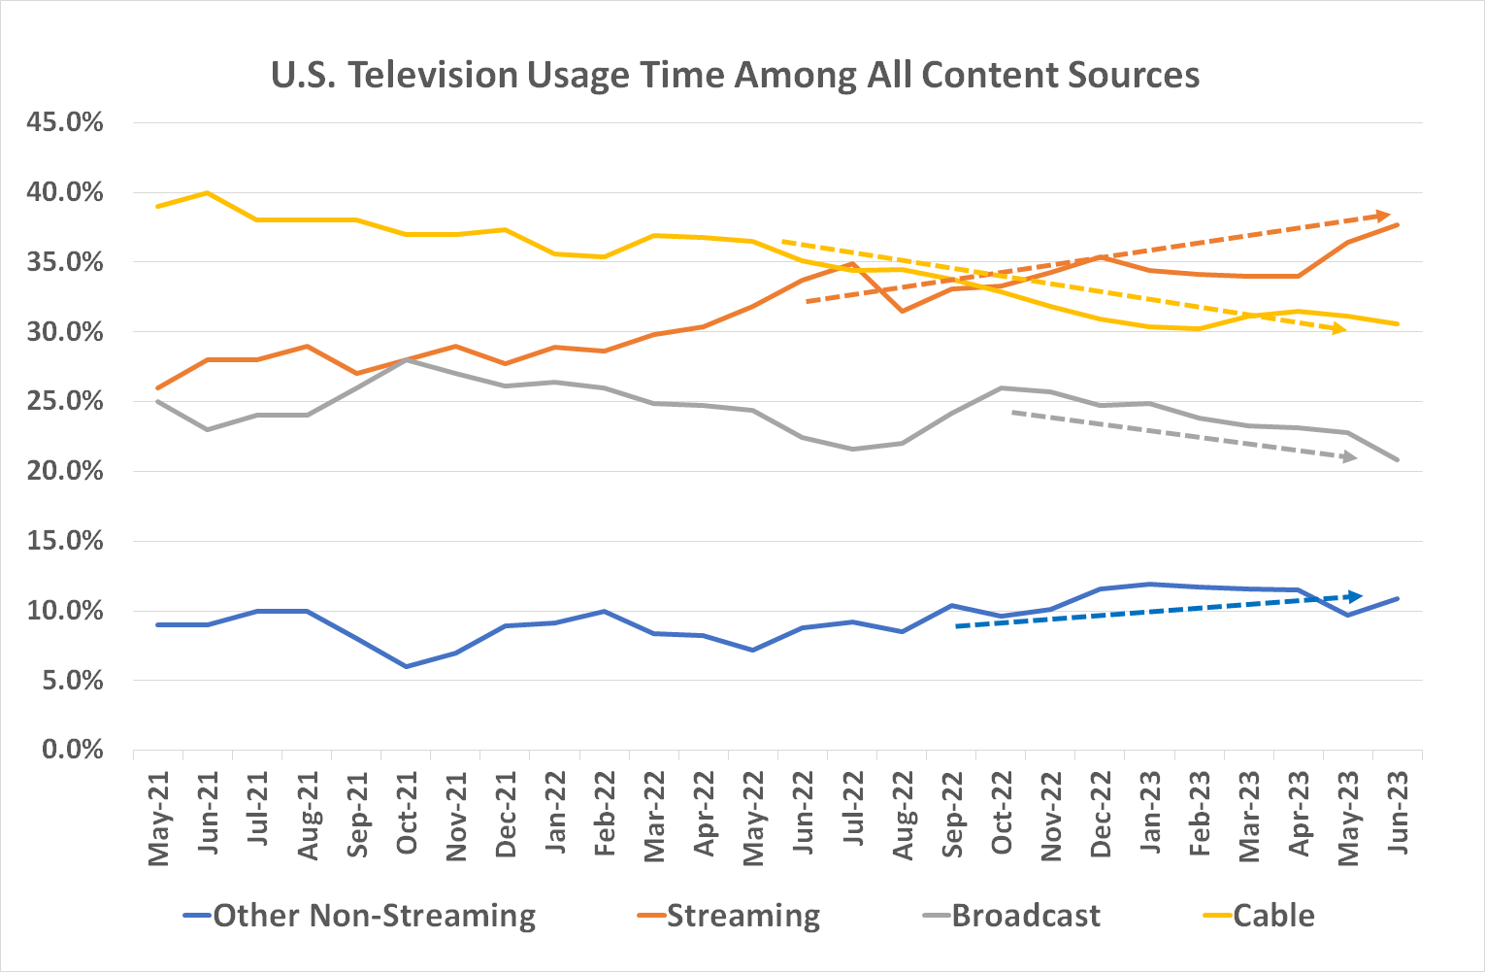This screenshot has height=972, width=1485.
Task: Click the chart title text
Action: (x=735, y=75)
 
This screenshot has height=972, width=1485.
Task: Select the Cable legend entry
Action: (x=1272, y=916)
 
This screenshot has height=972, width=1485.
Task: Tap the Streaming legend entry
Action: (x=742, y=916)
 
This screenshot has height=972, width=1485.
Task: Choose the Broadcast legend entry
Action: (x=1025, y=916)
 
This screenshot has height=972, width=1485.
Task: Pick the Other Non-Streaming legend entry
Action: (x=374, y=916)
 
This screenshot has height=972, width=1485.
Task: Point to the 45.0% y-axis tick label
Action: (x=66, y=123)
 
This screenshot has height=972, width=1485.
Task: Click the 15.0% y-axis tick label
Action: (x=66, y=542)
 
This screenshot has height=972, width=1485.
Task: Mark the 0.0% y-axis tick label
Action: (x=72, y=751)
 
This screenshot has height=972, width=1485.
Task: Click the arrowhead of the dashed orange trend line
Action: (x=1385, y=215)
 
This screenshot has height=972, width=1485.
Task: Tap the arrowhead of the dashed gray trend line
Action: (x=1350, y=456)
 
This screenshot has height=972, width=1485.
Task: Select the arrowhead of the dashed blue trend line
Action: (x=1356, y=596)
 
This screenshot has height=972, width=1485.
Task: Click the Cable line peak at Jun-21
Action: (x=207, y=193)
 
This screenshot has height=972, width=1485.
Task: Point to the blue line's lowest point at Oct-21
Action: (x=406, y=666)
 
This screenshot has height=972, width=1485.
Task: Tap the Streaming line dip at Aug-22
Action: (x=903, y=311)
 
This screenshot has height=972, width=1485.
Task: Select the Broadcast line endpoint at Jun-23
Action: (x=1398, y=460)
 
